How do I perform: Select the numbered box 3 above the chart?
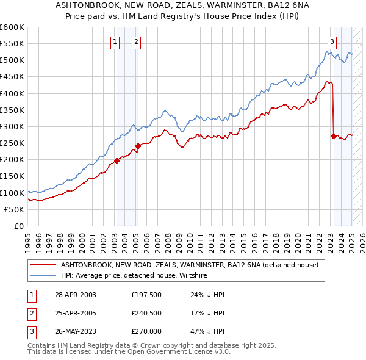[x=332, y=42]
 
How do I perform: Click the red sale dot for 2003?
[x=117, y=161]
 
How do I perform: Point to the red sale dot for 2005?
[x=138, y=146]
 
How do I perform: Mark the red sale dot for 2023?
[x=334, y=136]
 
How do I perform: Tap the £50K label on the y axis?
[x=15, y=209]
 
